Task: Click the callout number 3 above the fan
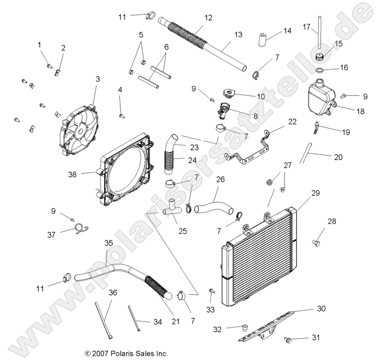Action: coord(98,79)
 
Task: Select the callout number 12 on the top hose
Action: coord(208,18)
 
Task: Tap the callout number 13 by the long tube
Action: coord(238,34)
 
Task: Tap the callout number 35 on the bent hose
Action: coord(109,243)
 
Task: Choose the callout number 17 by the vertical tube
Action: coord(306,27)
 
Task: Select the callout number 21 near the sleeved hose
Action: coord(175,321)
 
